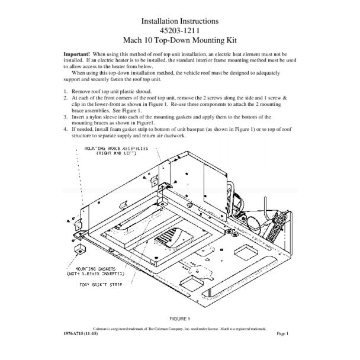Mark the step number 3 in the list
65,117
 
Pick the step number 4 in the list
65,128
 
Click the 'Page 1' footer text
282,334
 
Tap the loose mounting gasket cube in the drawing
76,249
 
